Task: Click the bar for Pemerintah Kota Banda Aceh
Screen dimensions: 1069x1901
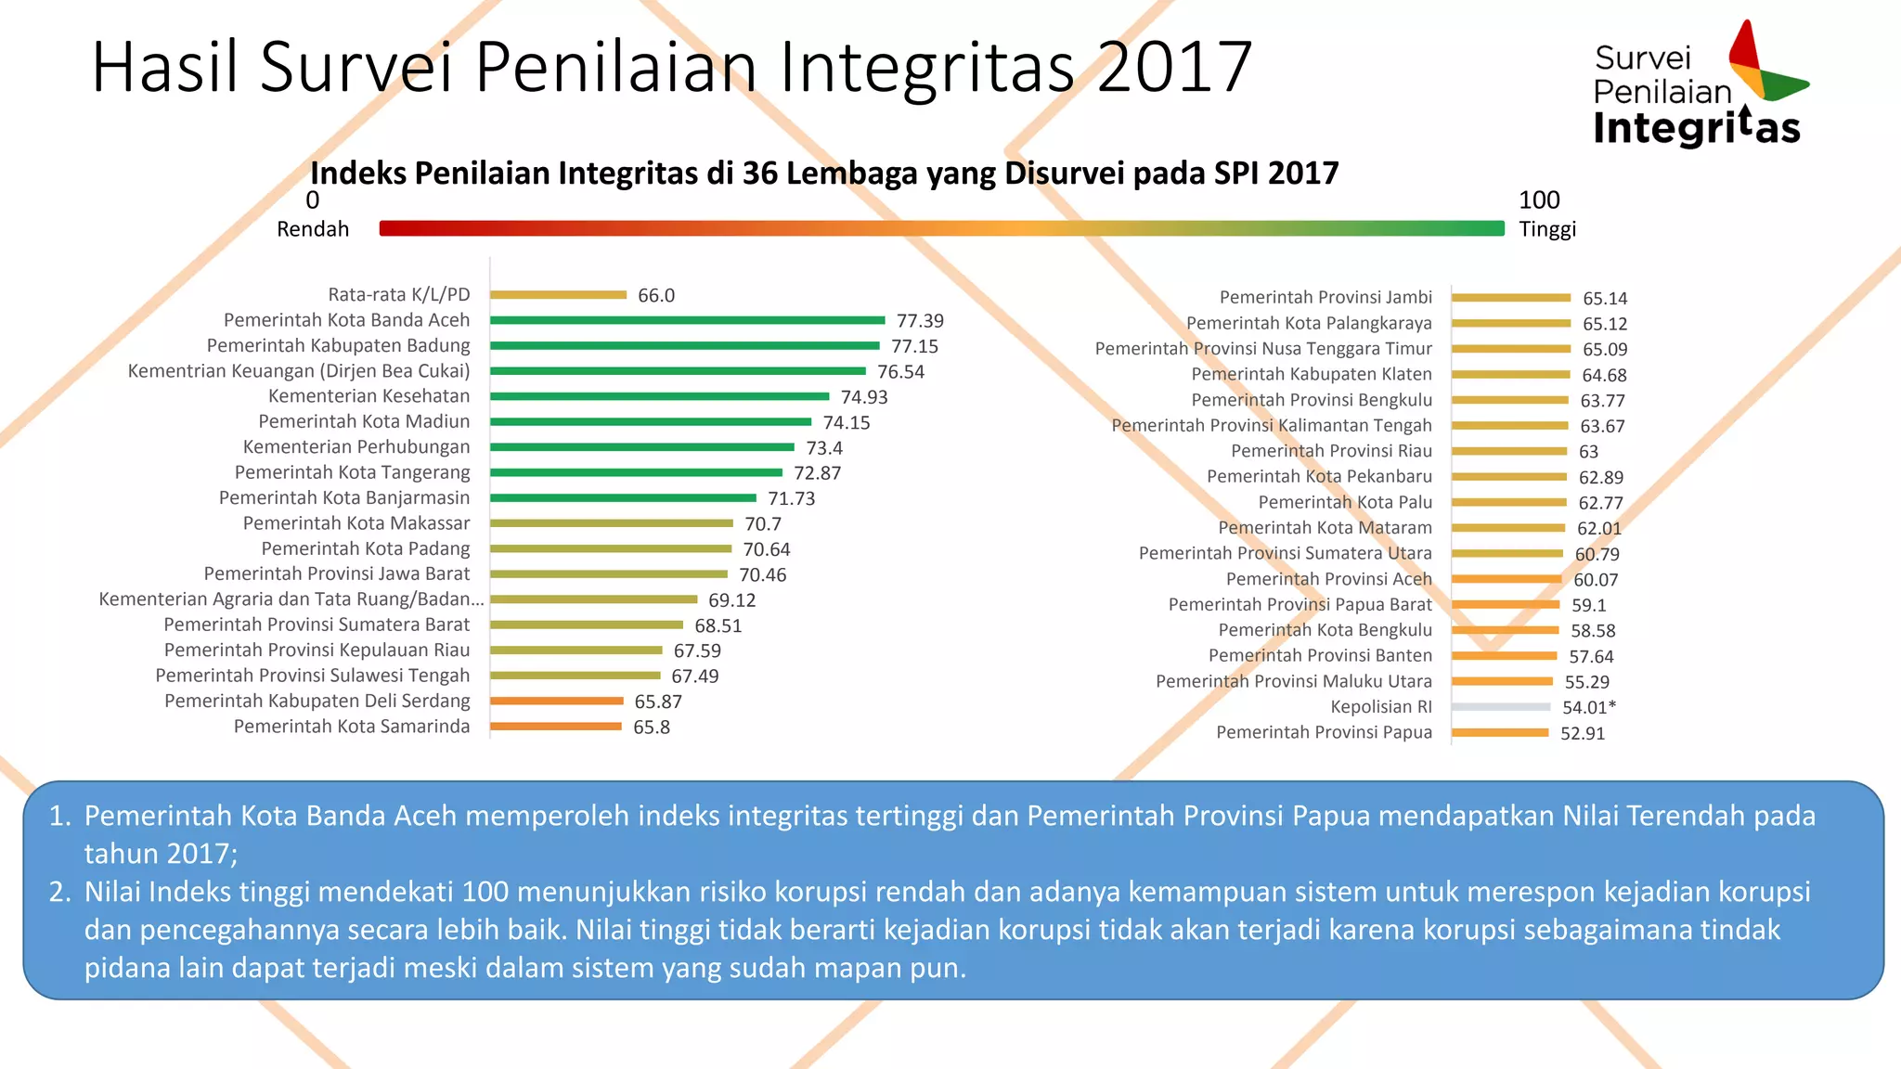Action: (687, 320)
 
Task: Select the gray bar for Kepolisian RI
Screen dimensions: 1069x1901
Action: (1501, 707)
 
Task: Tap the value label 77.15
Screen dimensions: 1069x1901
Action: (914, 346)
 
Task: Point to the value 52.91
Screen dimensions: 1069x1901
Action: (1583, 733)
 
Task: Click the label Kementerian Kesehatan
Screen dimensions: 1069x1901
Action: (369, 396)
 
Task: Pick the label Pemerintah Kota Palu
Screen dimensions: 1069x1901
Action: (1345, 502)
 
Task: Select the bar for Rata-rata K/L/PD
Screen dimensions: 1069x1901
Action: (558, 295)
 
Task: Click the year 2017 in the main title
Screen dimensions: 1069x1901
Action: (1174, 67)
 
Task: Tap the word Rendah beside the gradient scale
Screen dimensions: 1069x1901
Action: (313, 229)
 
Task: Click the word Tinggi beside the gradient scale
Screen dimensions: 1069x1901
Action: (1547, 229)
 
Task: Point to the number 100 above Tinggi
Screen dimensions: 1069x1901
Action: (1539, 200)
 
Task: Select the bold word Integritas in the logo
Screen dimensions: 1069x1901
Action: (1697, 128)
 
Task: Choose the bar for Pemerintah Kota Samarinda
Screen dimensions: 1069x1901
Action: (555, 727)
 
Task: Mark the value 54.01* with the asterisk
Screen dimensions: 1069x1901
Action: (1588, 707)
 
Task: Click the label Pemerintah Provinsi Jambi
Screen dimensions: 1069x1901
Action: (1326, 297)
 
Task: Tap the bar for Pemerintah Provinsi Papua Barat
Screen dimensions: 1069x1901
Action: (1506, 605)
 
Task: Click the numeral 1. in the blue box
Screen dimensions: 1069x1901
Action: (60, 816)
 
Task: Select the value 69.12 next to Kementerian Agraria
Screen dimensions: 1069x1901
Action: (731, 600)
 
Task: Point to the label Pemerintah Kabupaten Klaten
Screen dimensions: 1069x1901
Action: (1312, 374)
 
